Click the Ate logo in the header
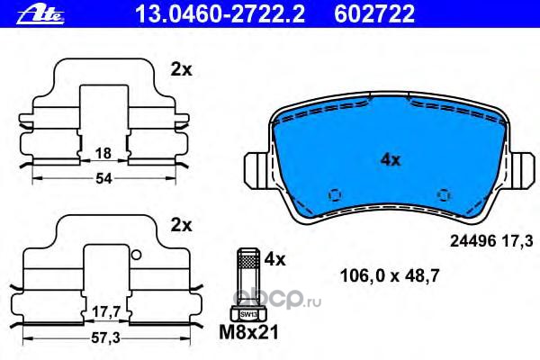tap(40, 15)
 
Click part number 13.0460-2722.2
tap(220, 14)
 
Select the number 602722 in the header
tap(374, 14)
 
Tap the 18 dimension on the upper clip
tap(103, 153)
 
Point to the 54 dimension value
tap(103, 178)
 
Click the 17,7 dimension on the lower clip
tap(106, 312)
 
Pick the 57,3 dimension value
tap(105, 338)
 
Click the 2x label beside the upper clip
tap(181, 70)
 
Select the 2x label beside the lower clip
tap(181, 225)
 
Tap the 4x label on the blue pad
tap(391, 159)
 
